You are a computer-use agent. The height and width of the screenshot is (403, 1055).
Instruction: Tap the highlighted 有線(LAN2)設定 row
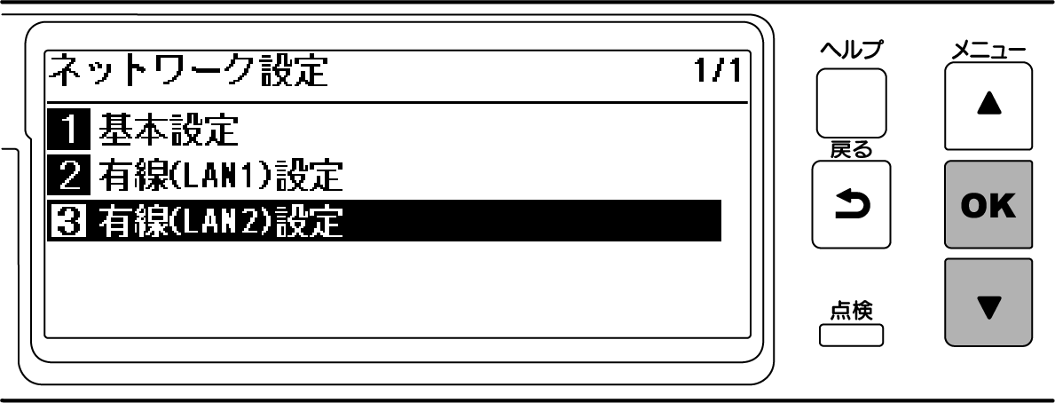pos(382,220)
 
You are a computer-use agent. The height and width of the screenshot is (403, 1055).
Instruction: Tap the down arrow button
pos(988,302)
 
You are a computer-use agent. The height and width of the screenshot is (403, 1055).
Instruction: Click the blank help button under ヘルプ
pos(851,102)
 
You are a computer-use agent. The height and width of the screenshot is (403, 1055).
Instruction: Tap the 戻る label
pos(850,152)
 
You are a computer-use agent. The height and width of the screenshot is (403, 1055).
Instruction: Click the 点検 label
pos(851,310)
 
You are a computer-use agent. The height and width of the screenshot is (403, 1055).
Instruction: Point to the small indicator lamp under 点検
pos(851,336)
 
